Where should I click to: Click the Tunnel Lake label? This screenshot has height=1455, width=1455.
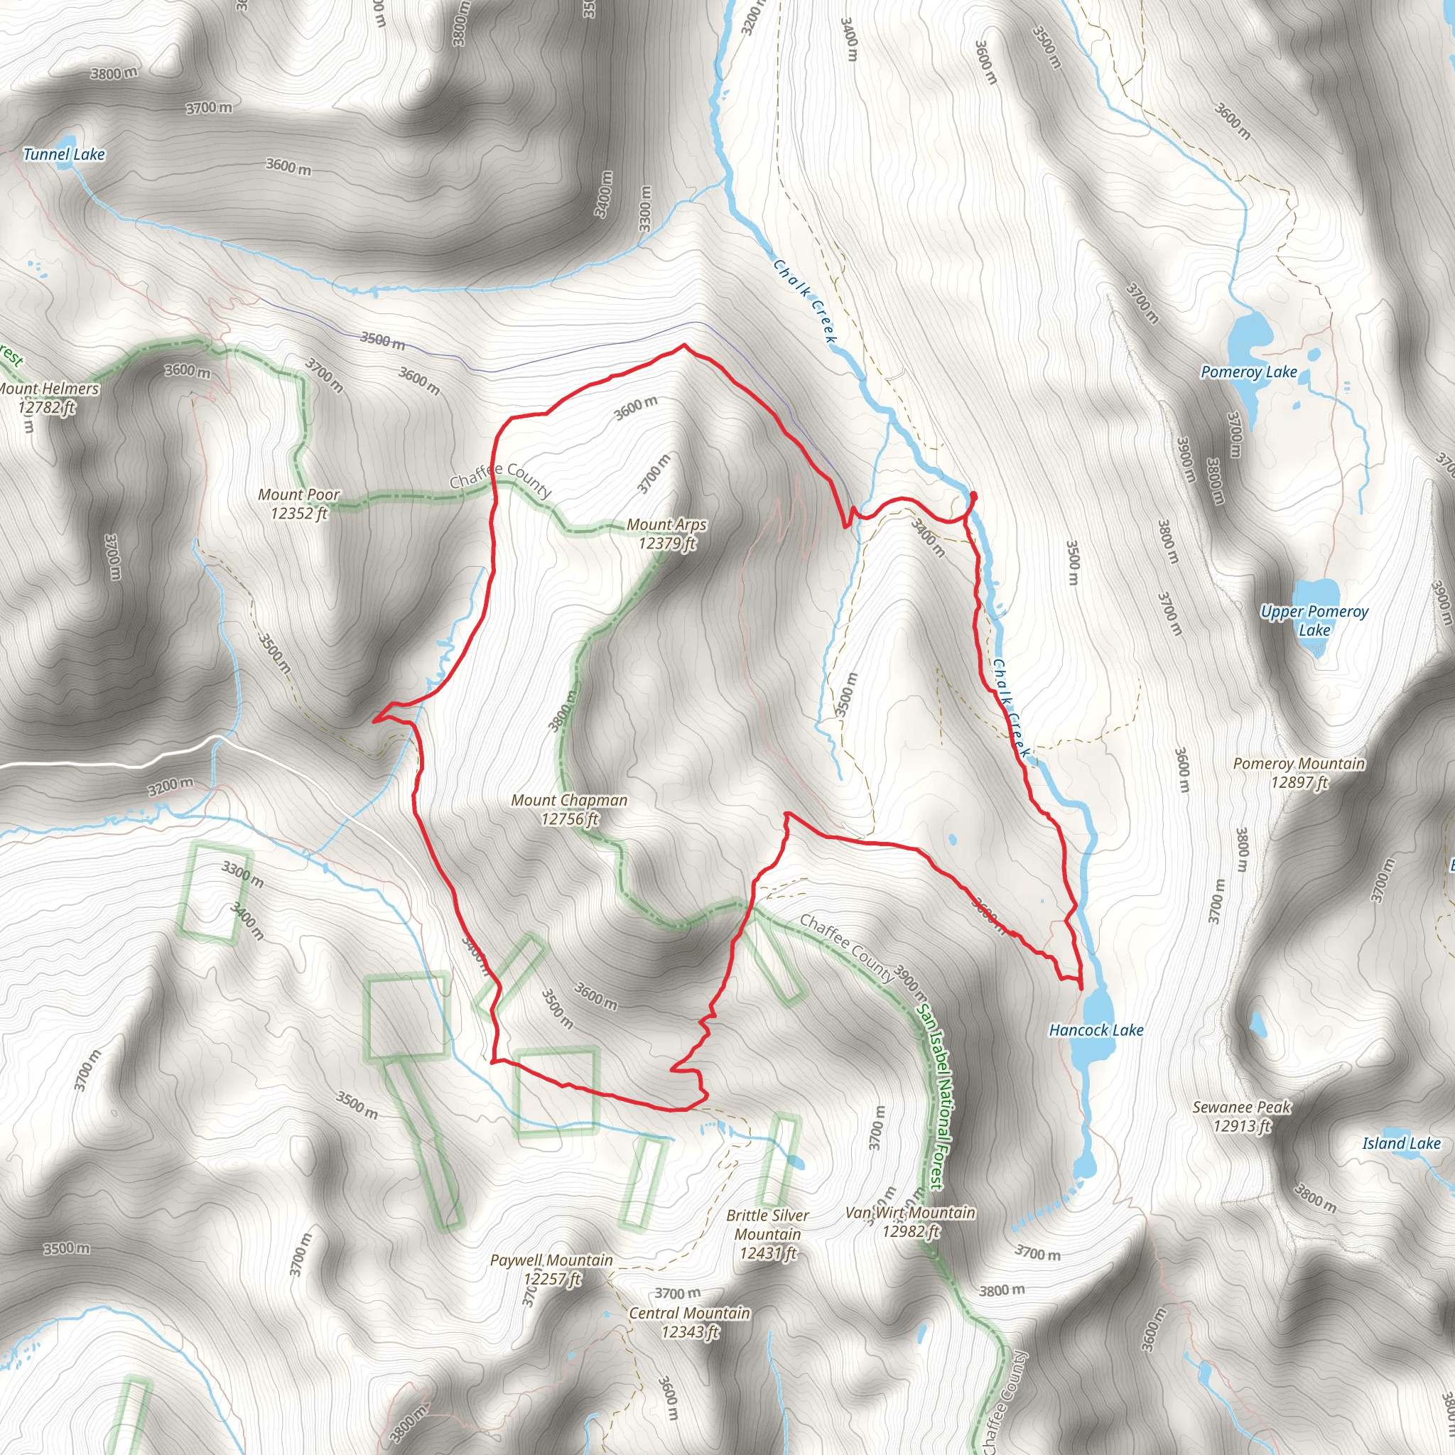(x=64, y=154)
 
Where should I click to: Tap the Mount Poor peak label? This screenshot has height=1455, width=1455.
(x=299, y=504)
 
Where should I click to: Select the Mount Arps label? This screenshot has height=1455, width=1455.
(x=666, y=534)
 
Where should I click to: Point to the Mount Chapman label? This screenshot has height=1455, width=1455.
(x=569, y=808)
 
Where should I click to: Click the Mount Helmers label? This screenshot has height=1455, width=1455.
(x=48, y=398)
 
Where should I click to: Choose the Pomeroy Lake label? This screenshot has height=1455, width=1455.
(x=1249, y=372)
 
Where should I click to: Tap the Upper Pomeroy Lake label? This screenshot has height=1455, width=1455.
(x=1314, y=620)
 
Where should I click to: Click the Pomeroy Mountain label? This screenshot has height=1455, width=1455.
(x=1299, y=773)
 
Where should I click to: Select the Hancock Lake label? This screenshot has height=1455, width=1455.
(x=1096, y=1030)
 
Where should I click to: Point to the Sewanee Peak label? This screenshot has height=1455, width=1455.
(x=1242, y=1116)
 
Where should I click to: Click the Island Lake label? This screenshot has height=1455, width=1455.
(x=1401, y=1144)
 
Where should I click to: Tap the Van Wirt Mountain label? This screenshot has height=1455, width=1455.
(x=911, y=1221)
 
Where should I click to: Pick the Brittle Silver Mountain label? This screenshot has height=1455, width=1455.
(x=767, y=1234)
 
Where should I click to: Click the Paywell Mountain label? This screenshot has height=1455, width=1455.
(x=551, y=1269)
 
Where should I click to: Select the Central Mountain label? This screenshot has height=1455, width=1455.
(x=690, y=1322)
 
